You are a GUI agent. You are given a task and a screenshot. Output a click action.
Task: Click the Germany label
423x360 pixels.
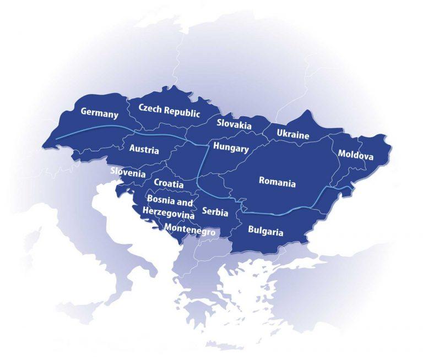(100, 113)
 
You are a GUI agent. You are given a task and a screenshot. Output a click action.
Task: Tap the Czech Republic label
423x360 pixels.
(169, 110)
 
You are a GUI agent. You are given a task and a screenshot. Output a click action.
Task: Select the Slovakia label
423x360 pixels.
(234, 124)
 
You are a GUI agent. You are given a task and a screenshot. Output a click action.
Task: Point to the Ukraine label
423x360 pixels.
(293, 134)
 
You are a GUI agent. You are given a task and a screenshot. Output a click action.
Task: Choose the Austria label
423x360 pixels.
(144, 150)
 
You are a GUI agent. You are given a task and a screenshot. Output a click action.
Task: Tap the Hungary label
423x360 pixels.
(231, 148)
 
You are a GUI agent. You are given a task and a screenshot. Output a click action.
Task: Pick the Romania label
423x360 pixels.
(277, 182)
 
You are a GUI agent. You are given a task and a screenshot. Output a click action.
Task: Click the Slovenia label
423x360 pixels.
(128, 172)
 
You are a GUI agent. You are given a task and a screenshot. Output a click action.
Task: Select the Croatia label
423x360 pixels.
(169, 183)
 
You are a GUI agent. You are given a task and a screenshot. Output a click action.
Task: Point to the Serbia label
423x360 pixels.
(215, 212)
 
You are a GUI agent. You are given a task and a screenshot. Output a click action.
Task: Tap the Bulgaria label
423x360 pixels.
(265, 231)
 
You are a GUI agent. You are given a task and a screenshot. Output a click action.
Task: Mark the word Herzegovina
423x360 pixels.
(168, 212)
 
